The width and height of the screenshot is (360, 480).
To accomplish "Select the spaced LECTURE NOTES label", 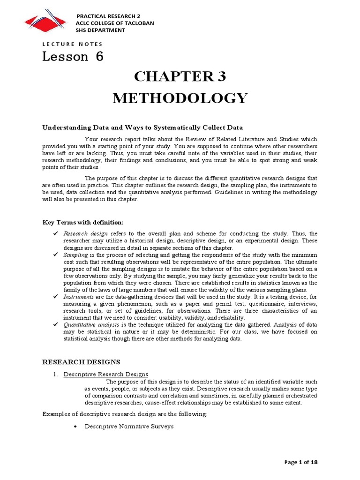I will click(72, 44).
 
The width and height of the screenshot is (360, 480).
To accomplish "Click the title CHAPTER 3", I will click(180, 77).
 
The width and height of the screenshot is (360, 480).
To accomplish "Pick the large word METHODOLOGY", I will click(180, 98).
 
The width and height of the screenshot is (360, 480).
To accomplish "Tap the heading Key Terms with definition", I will click(83, 222).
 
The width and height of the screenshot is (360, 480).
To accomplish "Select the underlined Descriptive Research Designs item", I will click(106, 374).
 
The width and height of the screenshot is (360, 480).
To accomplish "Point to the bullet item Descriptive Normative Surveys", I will click(129, 427).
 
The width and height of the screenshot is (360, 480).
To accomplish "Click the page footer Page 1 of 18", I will click(301, 462).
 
